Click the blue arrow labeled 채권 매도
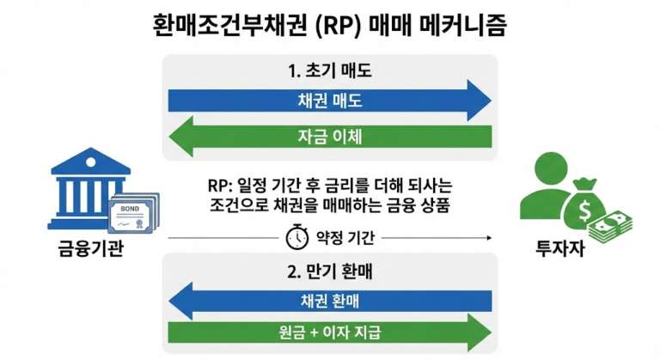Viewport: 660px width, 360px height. (329, 101)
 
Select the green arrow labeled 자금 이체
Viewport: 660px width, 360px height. (329, 136)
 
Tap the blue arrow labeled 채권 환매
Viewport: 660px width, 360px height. (329, 300)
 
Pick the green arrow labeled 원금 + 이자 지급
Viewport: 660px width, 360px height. (329, 333)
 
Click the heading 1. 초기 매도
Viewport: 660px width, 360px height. (329, 69)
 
